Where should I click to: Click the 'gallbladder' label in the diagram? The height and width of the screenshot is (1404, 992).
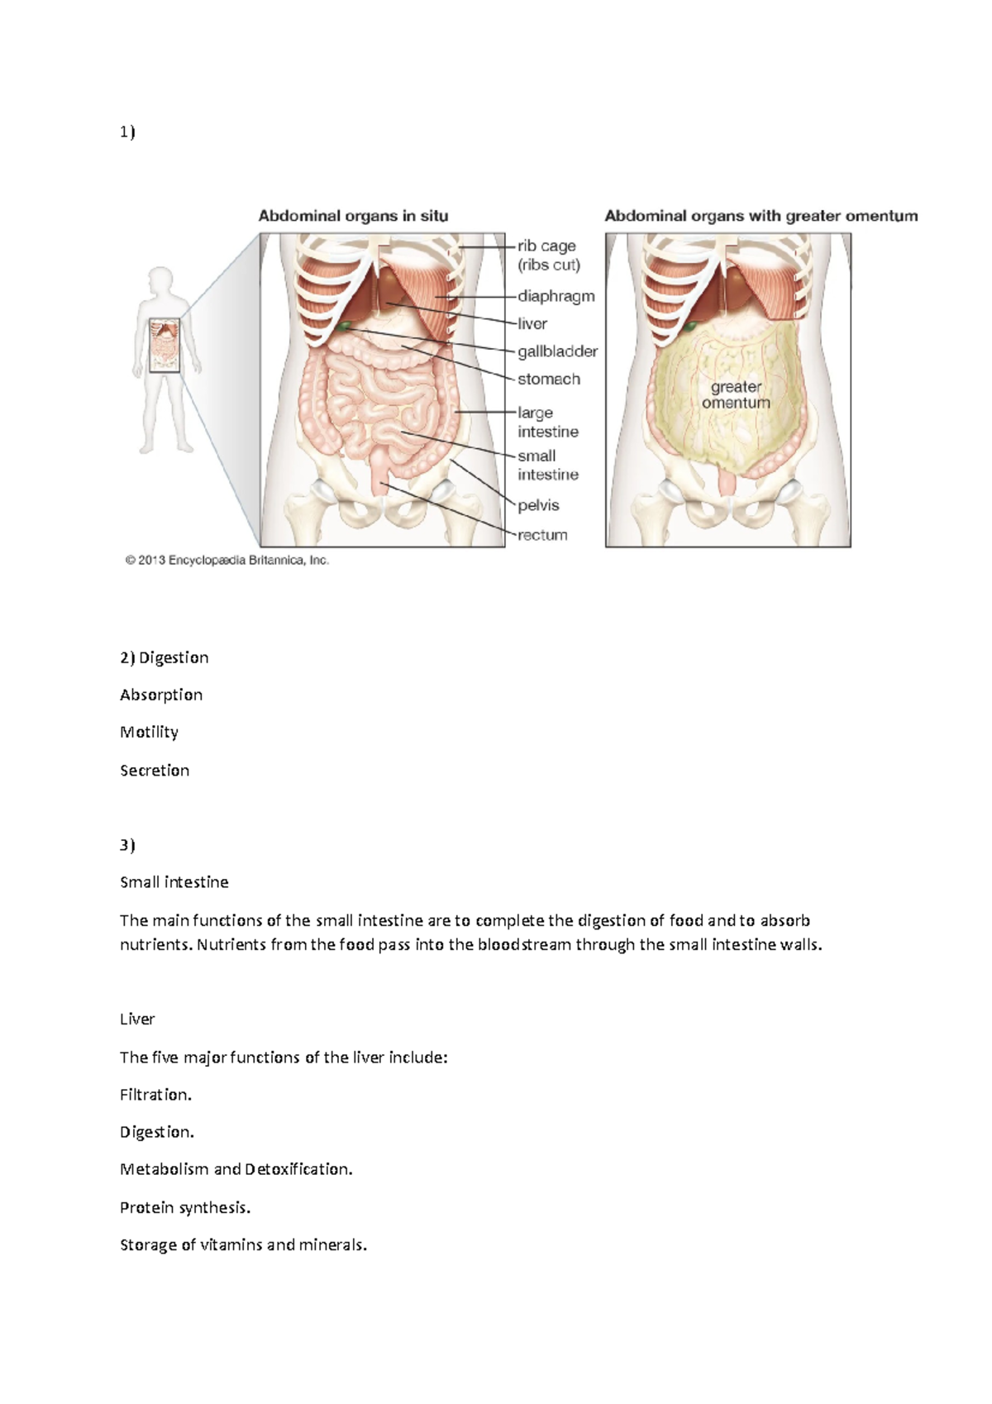557,351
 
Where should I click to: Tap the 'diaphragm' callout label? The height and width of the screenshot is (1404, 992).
556,296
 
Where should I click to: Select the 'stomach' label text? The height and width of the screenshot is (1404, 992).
548,380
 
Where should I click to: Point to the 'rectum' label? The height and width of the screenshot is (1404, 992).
542,535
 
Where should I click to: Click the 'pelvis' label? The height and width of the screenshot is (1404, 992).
538,505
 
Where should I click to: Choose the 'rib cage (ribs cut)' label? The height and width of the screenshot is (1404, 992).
548,255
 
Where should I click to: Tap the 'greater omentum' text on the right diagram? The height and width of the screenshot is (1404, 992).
736,395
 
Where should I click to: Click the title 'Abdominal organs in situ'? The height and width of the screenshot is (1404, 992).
353,216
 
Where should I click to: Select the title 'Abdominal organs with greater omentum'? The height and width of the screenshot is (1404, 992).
761,216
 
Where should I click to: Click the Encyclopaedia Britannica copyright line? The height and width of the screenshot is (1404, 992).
227,561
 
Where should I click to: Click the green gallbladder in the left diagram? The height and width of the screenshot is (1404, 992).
342,327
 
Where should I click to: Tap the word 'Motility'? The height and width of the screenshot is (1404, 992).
149,733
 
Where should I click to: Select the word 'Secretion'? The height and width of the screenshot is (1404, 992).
155,771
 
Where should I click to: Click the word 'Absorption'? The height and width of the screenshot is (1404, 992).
161,695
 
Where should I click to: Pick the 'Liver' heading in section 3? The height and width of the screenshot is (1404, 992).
137,1020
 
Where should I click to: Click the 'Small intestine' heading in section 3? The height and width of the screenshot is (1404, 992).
174,882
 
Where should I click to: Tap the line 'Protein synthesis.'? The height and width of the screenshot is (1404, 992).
185,1208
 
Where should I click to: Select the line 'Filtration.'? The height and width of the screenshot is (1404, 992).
155,1095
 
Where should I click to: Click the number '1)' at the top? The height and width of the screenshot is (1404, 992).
127,131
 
